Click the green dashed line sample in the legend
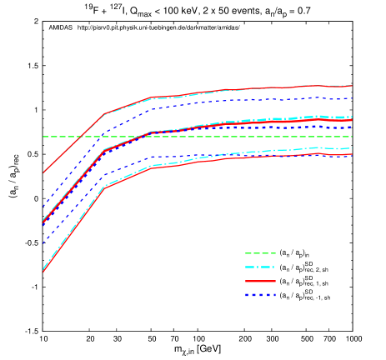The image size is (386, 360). [260, 253]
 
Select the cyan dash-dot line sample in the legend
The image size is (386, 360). [260, 267]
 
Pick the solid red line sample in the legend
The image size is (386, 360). [260, 281]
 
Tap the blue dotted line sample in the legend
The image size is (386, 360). [260, 295]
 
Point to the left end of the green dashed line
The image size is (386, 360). [43, 137]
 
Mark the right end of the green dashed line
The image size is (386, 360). [353, 137]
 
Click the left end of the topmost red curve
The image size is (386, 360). [43, 172]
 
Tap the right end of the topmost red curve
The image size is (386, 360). [353, 86]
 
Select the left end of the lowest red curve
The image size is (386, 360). [43, 272]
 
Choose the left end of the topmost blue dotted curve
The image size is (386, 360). [43, 206]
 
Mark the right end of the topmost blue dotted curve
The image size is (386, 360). [353, 99]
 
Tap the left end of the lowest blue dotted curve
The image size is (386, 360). [43, 243]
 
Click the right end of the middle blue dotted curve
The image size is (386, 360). [353, 127]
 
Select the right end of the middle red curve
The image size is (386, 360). [353, 120]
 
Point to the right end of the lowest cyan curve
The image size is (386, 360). [353, 148]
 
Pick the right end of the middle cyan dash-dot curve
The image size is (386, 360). [353, 117]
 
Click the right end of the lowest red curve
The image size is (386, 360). [353, 154]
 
